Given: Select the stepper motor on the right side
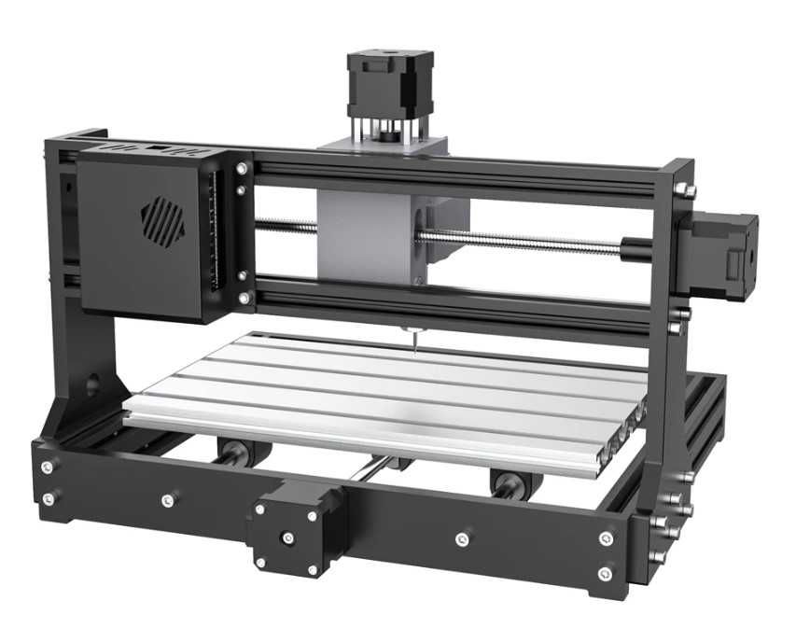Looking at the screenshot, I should (724, 257).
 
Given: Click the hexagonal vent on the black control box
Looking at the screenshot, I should (162, 221).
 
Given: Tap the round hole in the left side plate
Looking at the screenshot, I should (92, 384).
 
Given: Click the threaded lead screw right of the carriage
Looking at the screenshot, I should (523, 242).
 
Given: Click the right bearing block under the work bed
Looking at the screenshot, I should (509, 483).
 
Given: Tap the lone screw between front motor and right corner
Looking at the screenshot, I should (461, 539).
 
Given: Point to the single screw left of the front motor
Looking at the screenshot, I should (167, 500).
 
